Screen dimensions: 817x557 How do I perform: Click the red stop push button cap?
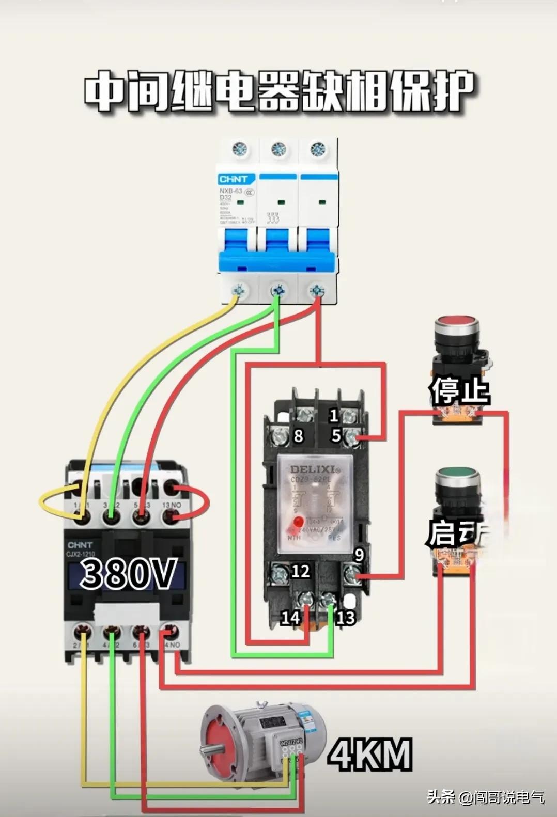pyautogui.click(x=457, y=326)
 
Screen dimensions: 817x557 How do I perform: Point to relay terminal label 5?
pyautogui.click(x=336, y=435)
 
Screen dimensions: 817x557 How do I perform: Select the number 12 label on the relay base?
pyautogui.click(x=300, y=571)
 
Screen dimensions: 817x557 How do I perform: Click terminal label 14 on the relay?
pyautogui.click(x=290, y=617)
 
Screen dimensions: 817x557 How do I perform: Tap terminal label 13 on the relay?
pyautogui.click(x=346, y=617)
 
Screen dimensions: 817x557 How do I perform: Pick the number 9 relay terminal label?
pyautogui.click(x=359, y=555)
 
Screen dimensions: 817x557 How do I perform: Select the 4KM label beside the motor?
pyautogui.click(x=370, y=755)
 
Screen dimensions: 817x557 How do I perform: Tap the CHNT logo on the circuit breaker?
pyautogui.click(x=234, y=179)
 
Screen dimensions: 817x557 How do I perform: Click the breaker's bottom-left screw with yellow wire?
pyautogui.click(x=239, y=291)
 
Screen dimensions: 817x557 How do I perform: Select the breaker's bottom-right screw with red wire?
pyautogui.click(x=316, y=291)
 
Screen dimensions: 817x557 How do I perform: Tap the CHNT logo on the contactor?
pyautogui.click(x=80, y=545)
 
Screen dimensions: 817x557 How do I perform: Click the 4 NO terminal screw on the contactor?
pyautogui.click(x=170, y=631)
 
